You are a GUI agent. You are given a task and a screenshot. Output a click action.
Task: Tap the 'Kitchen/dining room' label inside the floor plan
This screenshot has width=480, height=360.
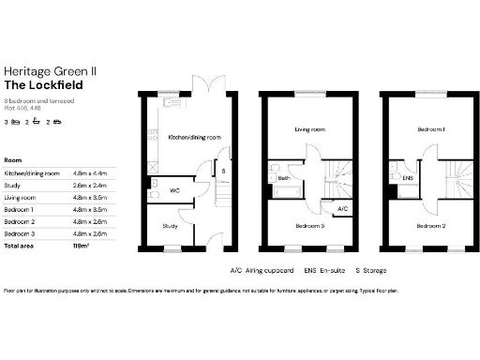coord(194,138)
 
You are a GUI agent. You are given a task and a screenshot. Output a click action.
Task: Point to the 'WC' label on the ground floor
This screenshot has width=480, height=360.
coord(175,190)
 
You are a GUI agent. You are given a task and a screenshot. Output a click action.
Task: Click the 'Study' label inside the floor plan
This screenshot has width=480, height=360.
coord(169,226)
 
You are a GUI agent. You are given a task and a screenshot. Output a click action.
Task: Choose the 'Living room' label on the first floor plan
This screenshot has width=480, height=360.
coord(308,130)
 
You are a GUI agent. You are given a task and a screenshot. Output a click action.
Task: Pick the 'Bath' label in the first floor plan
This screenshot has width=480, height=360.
coord(281,177)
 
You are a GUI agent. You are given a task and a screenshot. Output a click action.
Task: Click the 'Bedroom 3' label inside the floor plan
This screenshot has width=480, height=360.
coord(309,226)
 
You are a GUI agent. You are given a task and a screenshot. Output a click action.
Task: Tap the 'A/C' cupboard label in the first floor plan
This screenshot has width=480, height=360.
coord(343,208)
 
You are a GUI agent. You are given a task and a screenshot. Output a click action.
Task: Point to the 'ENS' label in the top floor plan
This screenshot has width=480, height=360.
coord(407,176)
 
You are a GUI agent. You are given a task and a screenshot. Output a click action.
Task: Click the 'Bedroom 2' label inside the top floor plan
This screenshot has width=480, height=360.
coord(431,226)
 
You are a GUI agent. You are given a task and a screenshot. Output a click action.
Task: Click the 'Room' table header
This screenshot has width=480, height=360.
coord(13,160)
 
